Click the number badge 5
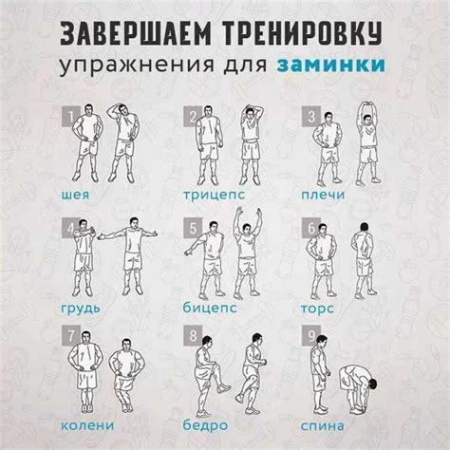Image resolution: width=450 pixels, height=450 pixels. [x=193, y=228]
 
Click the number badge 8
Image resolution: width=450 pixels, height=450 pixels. [x=193, y=337]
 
